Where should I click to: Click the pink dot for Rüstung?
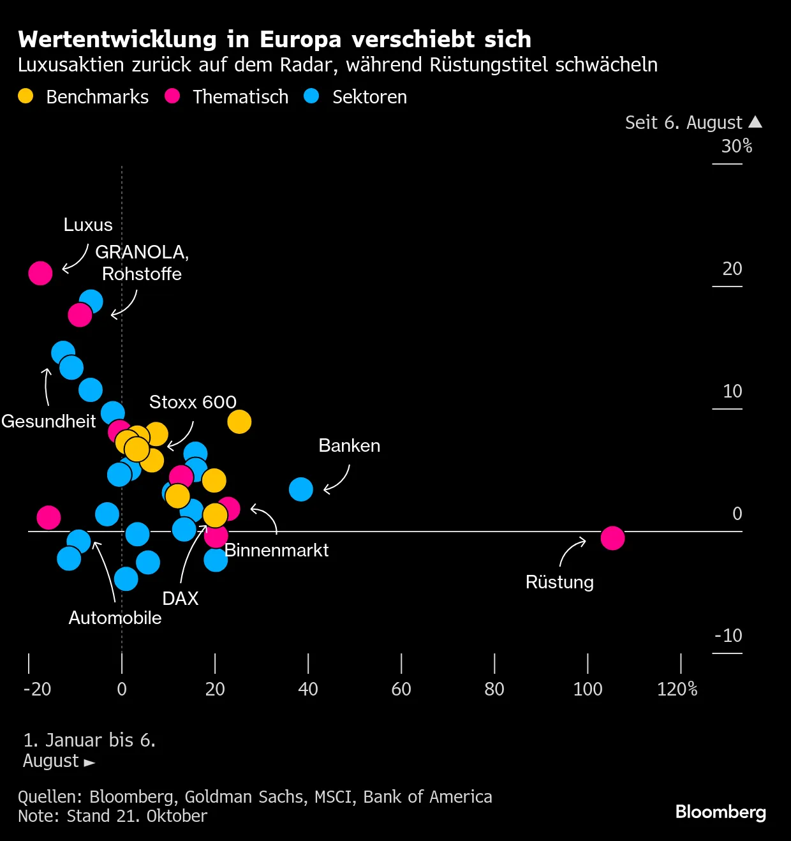click(612, 538)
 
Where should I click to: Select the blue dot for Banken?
click(300, 489)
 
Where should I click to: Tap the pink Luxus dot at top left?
click(40, 273)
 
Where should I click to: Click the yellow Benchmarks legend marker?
click(26, 96)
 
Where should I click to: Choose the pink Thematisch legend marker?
click(172, 96)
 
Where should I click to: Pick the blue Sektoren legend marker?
click(311, 96)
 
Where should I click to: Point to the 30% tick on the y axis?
click(736, 147)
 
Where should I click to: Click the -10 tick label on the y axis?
click(728, 636)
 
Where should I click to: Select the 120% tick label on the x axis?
click(677, 689)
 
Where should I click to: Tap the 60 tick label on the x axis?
click(401, 689)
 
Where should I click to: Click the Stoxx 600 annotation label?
click(193, 402)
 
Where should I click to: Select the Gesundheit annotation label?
click(48, 421)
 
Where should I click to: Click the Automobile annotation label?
click(115, 618)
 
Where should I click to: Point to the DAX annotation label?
click(181, 599)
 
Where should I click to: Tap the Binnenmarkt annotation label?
click(276, 550)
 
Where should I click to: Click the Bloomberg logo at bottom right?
click(720, 812)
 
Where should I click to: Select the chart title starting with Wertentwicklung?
click(274, 39)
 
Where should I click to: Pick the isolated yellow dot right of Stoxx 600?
click(239, 422)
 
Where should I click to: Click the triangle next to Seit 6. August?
click(755, 122)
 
